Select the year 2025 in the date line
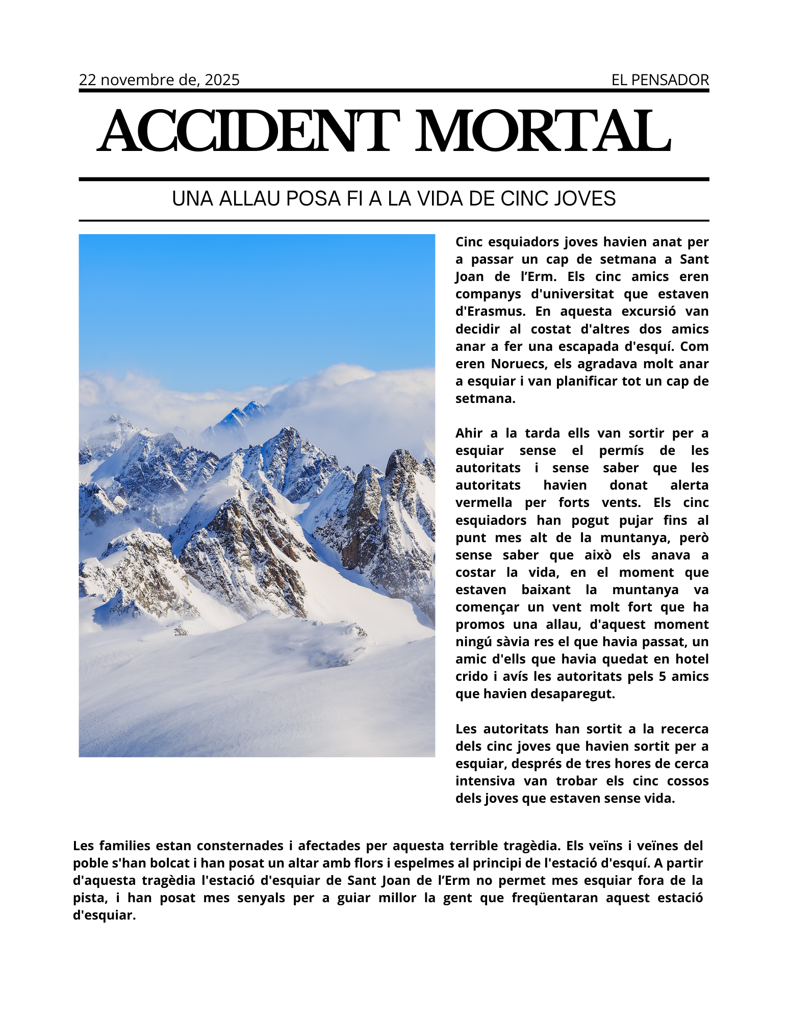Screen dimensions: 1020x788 [222, 80]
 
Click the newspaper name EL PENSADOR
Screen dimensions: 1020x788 [660, 80]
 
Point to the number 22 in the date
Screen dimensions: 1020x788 [87, 80]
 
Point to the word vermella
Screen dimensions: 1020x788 [484, 502]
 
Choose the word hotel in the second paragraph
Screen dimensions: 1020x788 [692, 659]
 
